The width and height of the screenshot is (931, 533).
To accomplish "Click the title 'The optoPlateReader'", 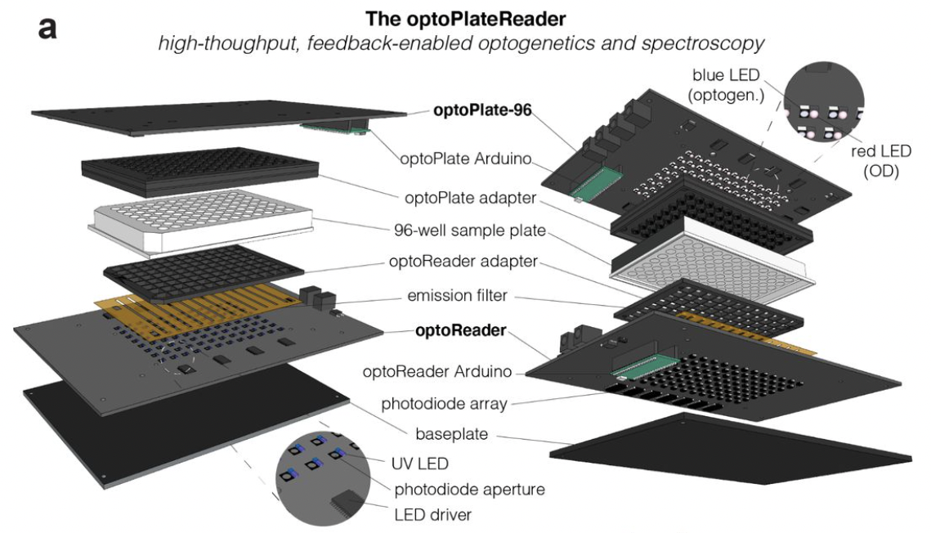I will tap(465, 16).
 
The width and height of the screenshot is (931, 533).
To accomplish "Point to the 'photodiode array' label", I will tap(445, 403).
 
